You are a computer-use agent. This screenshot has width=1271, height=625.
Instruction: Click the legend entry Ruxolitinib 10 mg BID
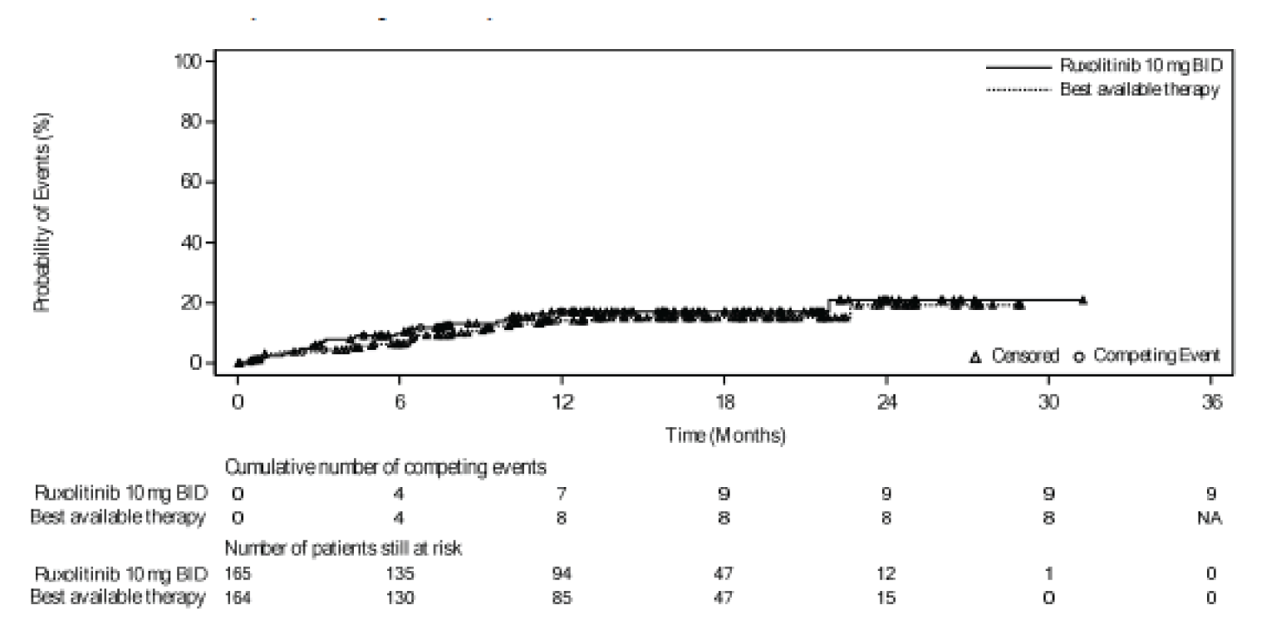tap(1140, 66)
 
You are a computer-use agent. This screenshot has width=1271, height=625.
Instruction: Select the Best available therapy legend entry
tap(1140, 90)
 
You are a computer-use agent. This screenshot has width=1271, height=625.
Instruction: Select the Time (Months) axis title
tap(725, 436)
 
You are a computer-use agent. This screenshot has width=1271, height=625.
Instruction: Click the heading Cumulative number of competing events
tap(386, 468)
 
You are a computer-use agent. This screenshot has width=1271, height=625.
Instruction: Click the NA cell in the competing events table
tap(1211, 517)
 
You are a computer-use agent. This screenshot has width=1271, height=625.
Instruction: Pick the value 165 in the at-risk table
tap(238, 573)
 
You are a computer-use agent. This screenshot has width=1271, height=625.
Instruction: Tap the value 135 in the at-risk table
tap(400, 573)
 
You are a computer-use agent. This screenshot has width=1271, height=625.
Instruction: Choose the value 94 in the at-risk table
tap(562, 573)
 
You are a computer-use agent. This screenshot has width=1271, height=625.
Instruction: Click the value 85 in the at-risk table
tap(562, 596)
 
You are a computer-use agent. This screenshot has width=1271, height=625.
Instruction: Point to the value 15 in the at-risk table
tap(887, 596)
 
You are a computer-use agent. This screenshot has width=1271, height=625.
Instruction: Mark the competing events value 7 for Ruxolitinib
tap(562, 494)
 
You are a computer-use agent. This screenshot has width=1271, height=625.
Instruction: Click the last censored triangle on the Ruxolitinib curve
tap(1082, 300)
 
